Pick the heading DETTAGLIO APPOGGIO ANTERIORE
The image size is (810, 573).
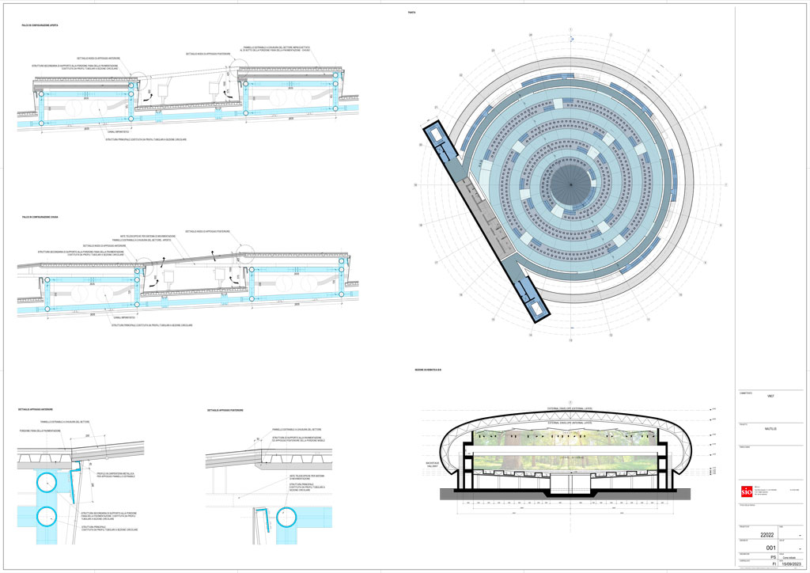(x=36, y=410)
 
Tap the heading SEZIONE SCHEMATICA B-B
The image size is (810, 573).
(x=427, y=371)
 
